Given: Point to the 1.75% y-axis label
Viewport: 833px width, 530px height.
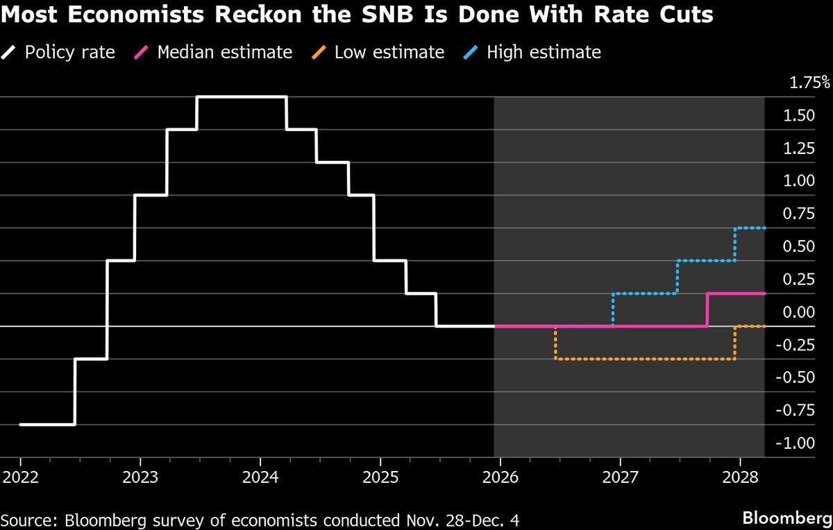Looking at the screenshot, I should tap(809, 83).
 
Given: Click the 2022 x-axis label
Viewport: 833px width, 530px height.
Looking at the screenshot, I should tap(20, 479).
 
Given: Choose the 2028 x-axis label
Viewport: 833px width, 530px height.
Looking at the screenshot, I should tap(739, 479).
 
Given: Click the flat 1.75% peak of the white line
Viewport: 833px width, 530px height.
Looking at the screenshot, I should tap(242, 97).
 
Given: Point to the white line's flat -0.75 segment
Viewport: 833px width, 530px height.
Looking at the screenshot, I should tap(47, 425).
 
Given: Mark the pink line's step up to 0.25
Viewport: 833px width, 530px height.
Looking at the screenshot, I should tap(707, 309).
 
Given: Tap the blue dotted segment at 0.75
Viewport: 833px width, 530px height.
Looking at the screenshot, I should tap(750, 228).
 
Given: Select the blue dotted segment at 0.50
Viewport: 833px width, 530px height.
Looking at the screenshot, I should tap(706, 261).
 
